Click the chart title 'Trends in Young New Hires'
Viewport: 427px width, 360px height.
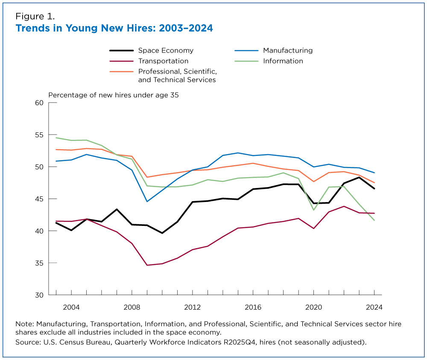(x=114, y=29)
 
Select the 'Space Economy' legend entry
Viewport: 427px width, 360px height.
(x=165, y=50)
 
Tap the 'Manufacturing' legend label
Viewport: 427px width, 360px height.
(x=287, y=50)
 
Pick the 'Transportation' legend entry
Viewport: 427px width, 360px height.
(x=163, y=61)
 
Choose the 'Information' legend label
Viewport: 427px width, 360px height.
(x=283, y=61)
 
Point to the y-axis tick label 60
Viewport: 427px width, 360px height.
(x=39, y=102)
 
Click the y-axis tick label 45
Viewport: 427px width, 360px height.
(x=39, y=199)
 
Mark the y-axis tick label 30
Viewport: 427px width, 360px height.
(x=39, y=295)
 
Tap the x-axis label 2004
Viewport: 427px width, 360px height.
(x=71, y=307)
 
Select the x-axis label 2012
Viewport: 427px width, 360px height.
(x=192, y=307)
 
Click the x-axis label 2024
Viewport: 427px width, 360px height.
(x=374, y=307)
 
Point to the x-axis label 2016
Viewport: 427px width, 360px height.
(x=253, y=307)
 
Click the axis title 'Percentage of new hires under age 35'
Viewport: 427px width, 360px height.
(x=113, y=95)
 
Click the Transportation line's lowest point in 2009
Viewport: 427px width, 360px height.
(x=147, y=265)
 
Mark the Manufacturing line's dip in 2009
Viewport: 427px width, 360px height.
(x=147, y=201)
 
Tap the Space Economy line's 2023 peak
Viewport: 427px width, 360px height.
(x=359, y=177)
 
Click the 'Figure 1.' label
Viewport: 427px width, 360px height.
(x=35, y=17)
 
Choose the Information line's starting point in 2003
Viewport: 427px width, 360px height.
(x=56, y=138)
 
